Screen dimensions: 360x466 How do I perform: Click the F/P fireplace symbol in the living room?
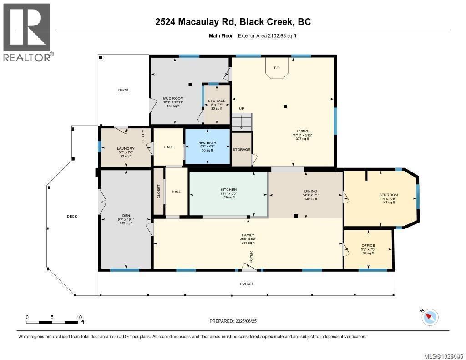(276, 69)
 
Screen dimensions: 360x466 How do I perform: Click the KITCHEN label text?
(228, 190)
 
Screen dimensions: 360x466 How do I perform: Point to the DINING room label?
(311, 191)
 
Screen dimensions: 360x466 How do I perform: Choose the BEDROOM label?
(388, 195)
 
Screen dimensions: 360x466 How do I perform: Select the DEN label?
(126, 216)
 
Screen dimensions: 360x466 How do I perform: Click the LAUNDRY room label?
(126, 148)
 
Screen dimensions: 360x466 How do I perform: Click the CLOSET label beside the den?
(158, 191)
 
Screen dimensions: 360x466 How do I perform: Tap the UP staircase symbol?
(242, 121)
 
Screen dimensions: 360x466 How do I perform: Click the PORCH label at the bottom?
(246, 284)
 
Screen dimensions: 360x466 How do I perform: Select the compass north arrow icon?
(430, 317)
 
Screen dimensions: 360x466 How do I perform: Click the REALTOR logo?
(27, 32)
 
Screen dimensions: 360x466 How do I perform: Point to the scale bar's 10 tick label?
(79, 317)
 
